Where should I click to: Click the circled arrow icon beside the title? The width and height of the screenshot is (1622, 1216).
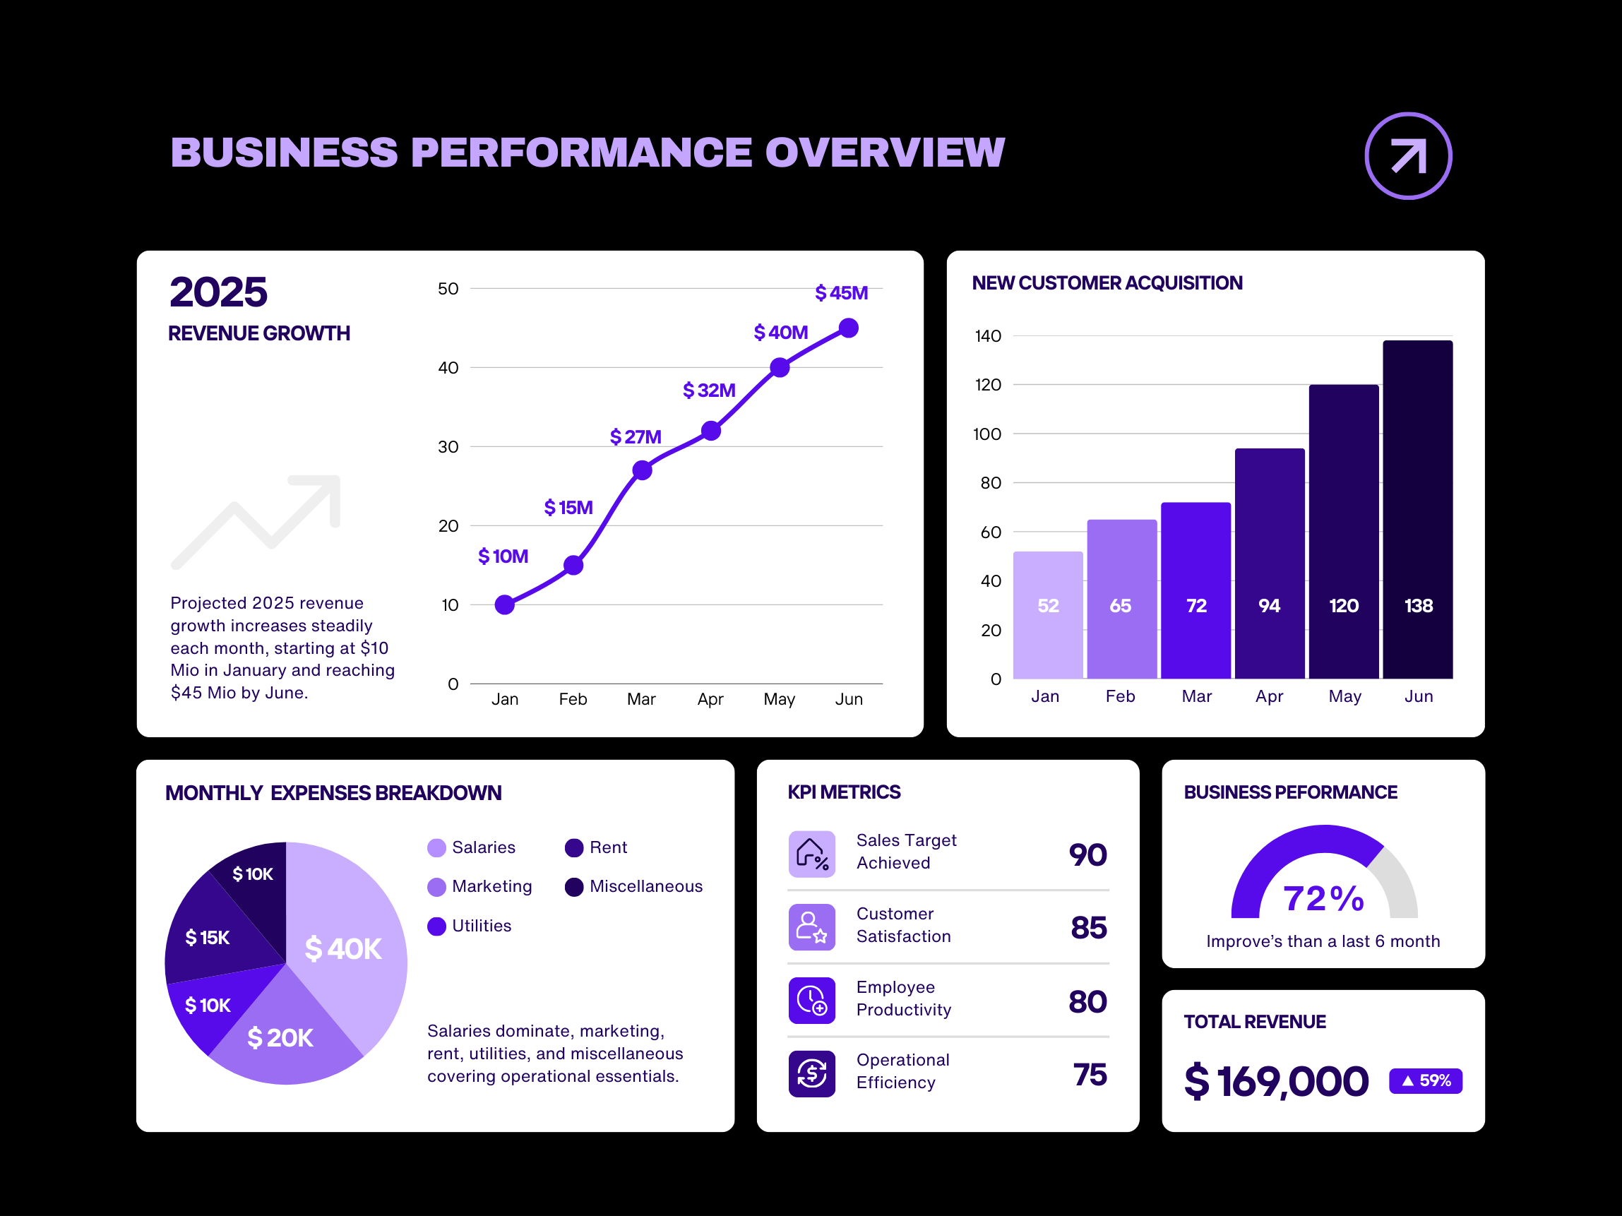[1407, 156]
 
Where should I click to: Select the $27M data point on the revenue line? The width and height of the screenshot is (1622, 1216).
[642, 470]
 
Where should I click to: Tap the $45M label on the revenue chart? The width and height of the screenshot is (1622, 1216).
[841, 293]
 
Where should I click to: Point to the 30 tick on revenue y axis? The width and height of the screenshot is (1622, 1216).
[448, 447]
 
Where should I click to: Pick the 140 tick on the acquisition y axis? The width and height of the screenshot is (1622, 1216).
[987, 336]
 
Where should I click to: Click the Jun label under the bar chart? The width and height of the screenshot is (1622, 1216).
[1418, 696]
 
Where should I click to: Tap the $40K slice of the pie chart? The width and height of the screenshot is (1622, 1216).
[345, 946]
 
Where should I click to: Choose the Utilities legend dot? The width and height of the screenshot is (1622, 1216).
[436, 926]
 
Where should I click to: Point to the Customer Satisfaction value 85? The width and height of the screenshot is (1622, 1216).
[1088, 928]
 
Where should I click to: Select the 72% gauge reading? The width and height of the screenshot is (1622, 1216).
[1323, 898]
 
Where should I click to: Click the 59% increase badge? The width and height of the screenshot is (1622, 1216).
[1425, 1080]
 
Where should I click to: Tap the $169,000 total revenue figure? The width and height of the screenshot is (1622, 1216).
[1276, 1081]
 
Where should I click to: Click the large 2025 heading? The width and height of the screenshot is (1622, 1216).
[218, 292]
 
